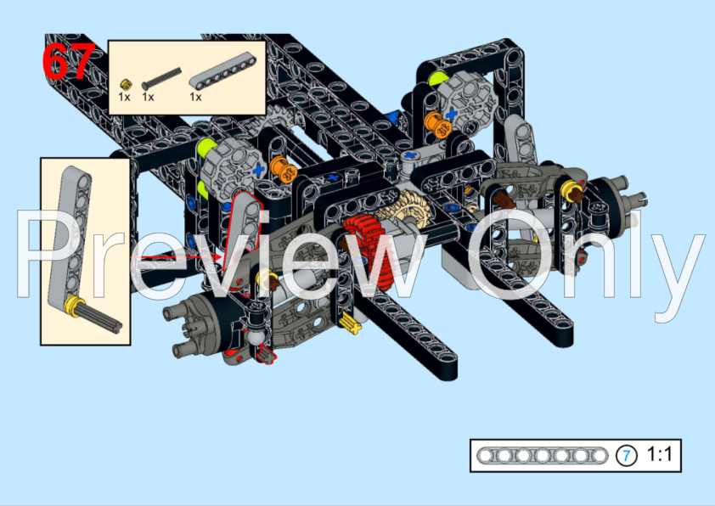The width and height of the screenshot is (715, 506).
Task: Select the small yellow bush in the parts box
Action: [x=126, y=83]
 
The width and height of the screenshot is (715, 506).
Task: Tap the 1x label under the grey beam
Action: [x=195, y=98]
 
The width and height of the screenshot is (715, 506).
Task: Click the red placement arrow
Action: [x=178, y=256]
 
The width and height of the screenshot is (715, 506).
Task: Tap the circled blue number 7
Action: [x=626, y=456]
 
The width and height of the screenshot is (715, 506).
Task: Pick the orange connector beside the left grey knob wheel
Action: [x=283, y=173]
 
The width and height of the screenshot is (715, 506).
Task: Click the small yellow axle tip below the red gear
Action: [x=348, y=320]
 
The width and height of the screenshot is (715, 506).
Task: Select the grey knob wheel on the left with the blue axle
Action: [x=231, y=166]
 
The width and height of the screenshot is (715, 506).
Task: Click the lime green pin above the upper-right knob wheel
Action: [x=437, y=79]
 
